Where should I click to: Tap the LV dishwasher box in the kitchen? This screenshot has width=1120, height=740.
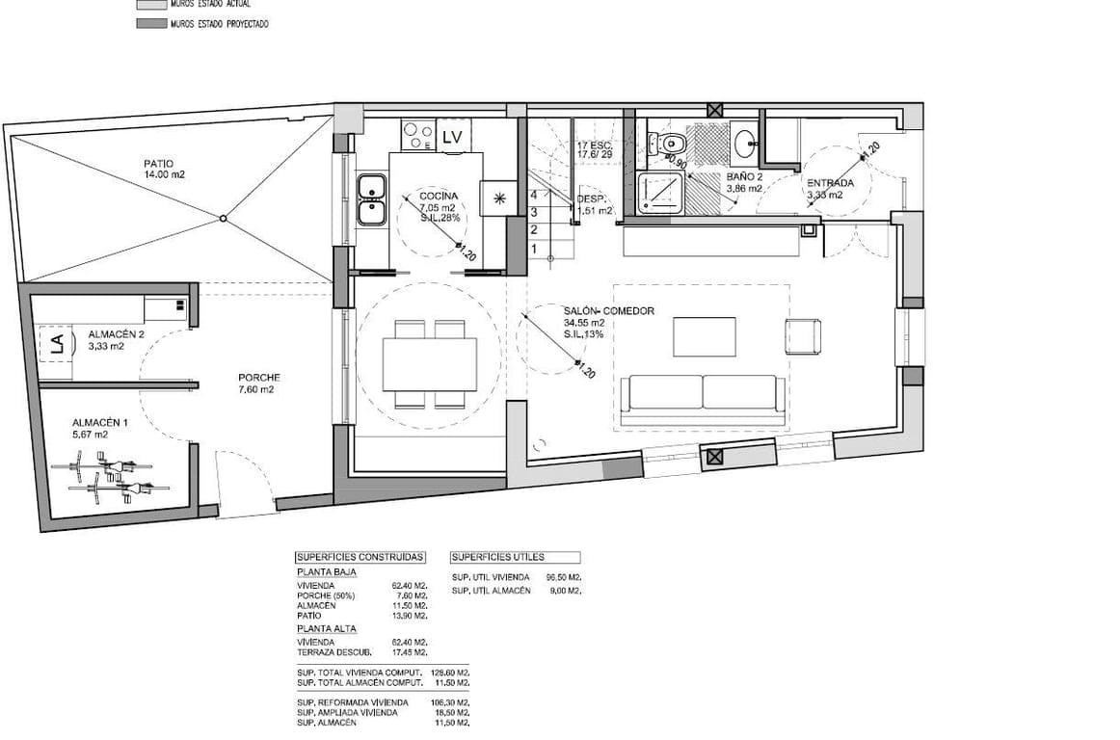(452, 137)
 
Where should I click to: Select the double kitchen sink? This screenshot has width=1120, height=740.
(371, 199)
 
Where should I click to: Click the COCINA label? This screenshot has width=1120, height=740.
(439, 196)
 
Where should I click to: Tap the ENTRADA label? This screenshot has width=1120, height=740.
(829, 182)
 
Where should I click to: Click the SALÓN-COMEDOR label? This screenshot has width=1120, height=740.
(609, 311)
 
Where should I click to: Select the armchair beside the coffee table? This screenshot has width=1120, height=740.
(804, 336)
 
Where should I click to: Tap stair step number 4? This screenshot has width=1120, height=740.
(534, 194)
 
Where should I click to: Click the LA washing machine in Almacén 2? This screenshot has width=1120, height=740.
(56, 345)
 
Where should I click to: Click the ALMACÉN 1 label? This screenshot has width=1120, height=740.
(100, 422)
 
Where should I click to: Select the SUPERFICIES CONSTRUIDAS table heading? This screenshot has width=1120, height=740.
(360, 557)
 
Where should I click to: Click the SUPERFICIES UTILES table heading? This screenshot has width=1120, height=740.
(498, 557)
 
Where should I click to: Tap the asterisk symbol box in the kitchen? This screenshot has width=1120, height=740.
(499, 198)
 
